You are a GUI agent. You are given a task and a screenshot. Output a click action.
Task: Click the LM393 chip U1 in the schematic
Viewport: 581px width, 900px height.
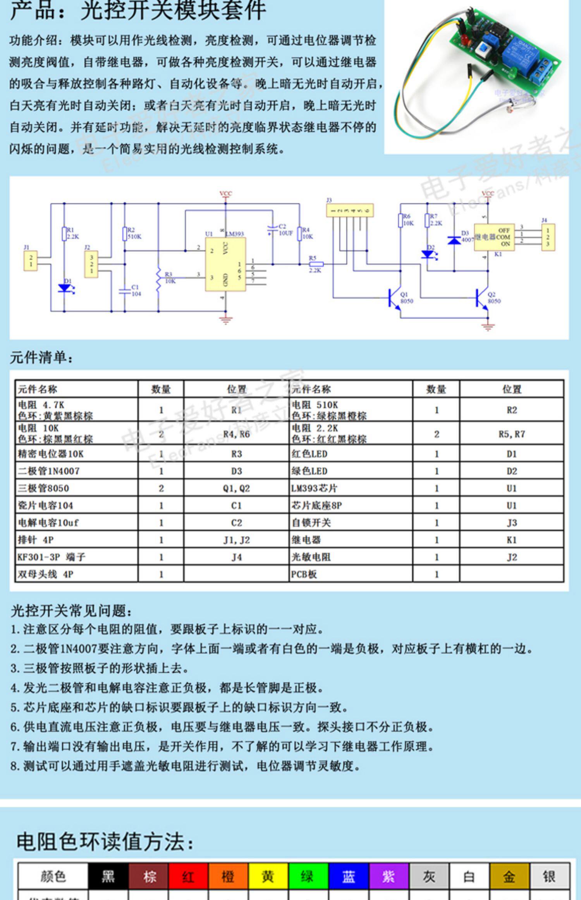coord(225,264)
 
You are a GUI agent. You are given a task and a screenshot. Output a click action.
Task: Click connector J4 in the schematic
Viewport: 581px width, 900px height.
coord(548,237)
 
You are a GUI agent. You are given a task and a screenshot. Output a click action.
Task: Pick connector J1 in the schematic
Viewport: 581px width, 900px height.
coord(31,261)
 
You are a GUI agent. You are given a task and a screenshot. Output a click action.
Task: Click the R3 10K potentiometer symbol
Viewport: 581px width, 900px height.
coord(158,278)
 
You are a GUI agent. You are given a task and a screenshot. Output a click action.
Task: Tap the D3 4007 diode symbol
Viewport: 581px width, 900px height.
coord(454,240)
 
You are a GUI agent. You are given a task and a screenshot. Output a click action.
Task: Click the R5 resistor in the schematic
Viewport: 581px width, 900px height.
coord(316,264)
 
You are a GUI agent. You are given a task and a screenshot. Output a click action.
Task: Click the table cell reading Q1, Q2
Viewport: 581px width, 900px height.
coord(236,488)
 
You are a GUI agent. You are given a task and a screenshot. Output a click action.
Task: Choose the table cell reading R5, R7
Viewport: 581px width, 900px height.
coord(511,434)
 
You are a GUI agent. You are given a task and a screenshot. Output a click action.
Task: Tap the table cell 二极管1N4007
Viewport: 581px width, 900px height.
coord(49,471)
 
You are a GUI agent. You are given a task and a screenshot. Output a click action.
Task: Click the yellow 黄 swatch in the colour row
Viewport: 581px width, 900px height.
coord(268,876)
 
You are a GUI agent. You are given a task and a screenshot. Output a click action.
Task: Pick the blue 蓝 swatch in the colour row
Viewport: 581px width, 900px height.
coord(348,876)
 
